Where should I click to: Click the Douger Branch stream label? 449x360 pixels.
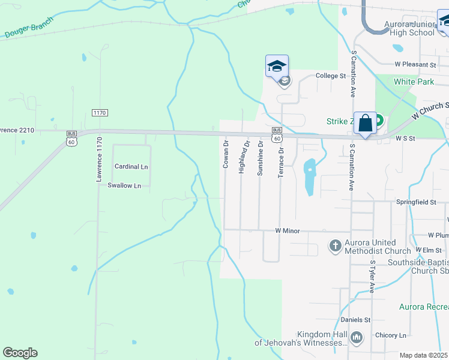pos(29,31)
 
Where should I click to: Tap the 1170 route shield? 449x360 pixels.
pos(100,113)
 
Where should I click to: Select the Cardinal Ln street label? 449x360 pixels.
pos(131,167)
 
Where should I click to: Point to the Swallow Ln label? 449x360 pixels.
pos(124,186)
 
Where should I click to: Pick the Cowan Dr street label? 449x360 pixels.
pos(226,154)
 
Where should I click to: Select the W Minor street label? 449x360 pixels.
pos(287,230)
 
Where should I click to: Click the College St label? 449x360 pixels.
pos(331,76)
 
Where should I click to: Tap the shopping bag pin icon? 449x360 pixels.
pos(365,123)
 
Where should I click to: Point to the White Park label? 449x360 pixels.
pos(414,81)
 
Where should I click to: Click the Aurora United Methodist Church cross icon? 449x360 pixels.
pos(335,245)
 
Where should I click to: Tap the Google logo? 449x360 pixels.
pos(20,353)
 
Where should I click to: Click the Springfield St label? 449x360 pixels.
pos(416,203)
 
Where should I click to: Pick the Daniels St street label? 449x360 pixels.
pos(356,320)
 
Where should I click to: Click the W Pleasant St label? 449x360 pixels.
pos(415,64)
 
